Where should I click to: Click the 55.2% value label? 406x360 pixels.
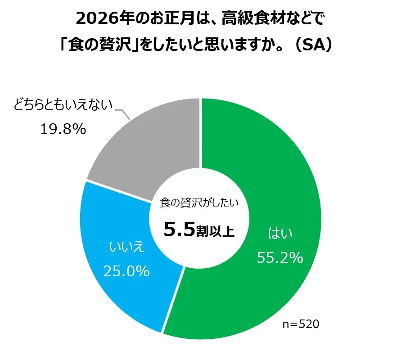(x=280, y=257)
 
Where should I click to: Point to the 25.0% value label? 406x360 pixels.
(x=126, y=271)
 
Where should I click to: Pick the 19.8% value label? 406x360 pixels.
(x=63, y=130)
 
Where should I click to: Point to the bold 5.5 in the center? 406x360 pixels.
(x=179, y=229)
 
